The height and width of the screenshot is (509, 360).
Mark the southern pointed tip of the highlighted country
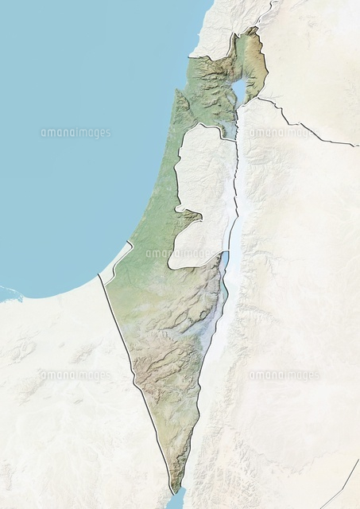pos(174,492)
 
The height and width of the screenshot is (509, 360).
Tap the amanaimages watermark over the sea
pos(75,133)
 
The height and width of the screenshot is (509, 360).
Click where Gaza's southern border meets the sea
pos(99,275)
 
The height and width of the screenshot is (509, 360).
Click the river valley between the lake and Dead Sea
pos(236,183)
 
